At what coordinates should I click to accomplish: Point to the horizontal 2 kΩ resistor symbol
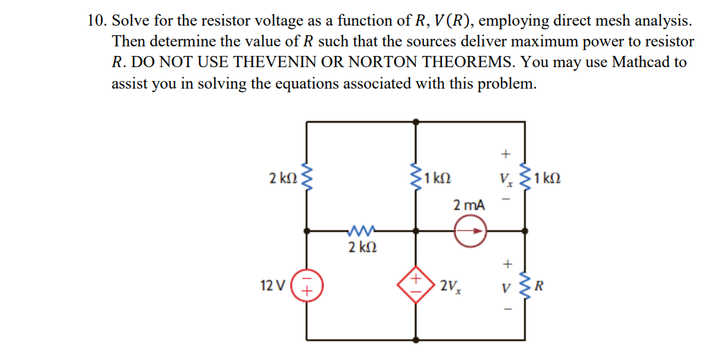[361, 231]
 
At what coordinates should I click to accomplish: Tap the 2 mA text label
[469, 205]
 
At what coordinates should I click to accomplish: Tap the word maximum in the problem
[528, 42]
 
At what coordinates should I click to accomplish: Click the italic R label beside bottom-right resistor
[542, 284]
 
